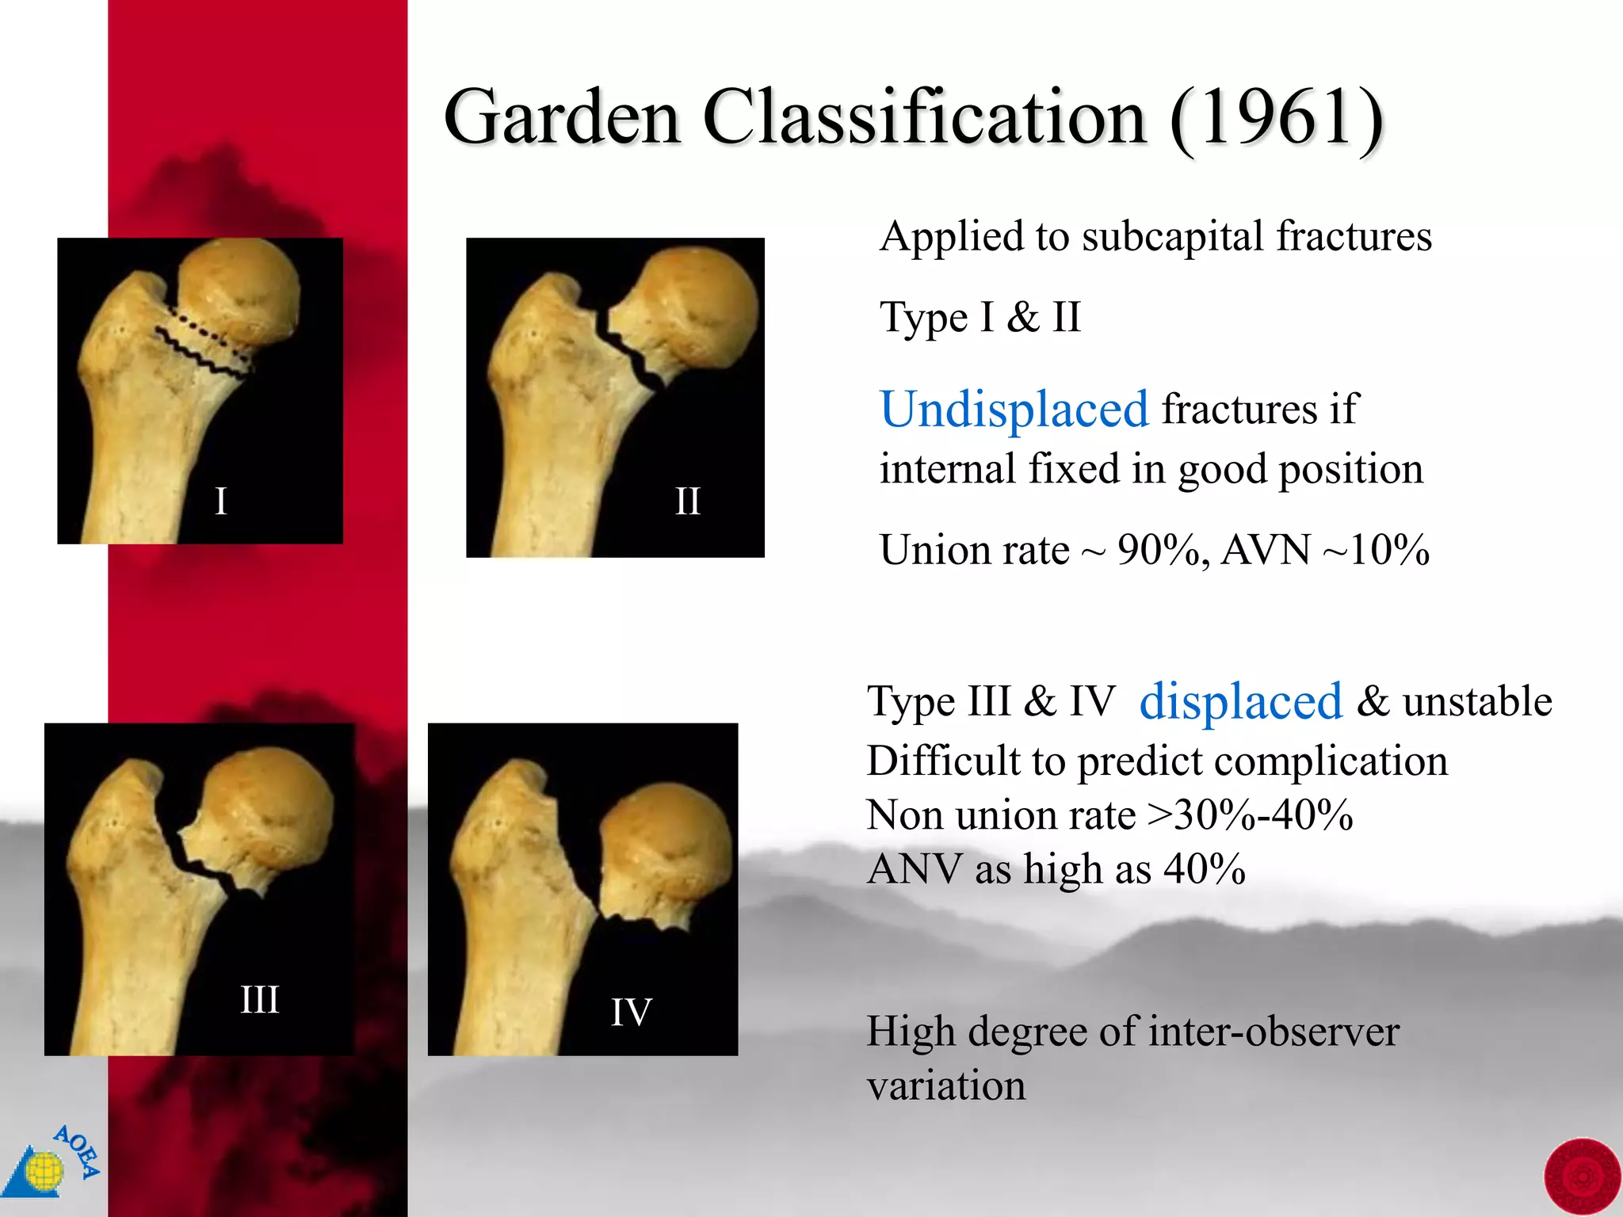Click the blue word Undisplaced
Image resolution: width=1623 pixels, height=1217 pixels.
pyautogui.click(x=1014, y=410)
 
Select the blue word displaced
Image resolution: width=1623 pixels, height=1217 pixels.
pyautogui.click(x=1240, y=701)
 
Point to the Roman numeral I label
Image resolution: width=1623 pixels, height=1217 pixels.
pyautogui.click(x=221, y=501)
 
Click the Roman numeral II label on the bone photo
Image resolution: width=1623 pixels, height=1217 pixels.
pyautogui.click(x=687, y=501)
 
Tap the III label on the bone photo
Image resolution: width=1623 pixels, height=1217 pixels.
pyautogui.click(x=260, y=999)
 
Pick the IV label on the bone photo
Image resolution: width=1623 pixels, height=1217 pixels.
pyautogui.click(x=631, y=1012)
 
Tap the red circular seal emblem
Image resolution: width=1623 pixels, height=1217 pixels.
pyautogui.click(x=1582, y=1177)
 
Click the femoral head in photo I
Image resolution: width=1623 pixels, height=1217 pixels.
pyautogui.click(x=238, y=289)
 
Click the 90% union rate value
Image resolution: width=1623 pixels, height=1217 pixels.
pyautogui.click(x=1160, y=550)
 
